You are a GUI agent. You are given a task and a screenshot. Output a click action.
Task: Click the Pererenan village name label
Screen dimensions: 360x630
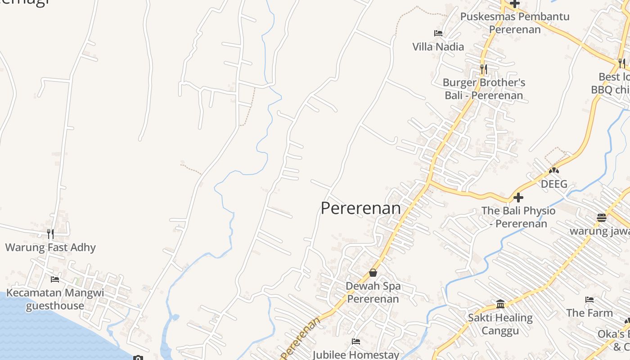(x=360, y=208)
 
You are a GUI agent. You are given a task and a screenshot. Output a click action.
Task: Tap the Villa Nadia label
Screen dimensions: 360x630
(x=438, y=46)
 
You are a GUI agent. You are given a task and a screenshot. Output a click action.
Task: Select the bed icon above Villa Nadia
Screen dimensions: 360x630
(x=438, y=33)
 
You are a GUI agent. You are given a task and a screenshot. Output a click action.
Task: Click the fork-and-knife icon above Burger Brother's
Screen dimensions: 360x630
(x=483, y=69)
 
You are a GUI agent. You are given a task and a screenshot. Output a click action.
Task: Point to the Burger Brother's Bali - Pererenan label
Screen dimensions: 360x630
(x=484, y=89)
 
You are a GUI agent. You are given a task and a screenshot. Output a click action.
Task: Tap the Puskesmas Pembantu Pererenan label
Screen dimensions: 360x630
(x=514, y=23)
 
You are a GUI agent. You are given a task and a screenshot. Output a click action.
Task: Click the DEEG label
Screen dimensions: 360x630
(x=553, y=184)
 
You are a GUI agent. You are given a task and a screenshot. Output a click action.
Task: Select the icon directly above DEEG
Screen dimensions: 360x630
(x=553, y=171)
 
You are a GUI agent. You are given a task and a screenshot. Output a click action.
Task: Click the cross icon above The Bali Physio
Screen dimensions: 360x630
(x=518, y=197)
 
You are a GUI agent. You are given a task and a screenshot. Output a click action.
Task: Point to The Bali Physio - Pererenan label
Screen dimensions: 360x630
(x=518, y=217)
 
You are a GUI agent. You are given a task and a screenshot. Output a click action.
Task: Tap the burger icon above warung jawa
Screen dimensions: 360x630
(x=602, y=218)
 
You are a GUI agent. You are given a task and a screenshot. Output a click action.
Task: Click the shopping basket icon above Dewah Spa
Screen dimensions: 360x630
(x=373, y=273)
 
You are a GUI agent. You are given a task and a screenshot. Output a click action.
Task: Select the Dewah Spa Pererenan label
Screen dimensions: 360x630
(x=373, y=292)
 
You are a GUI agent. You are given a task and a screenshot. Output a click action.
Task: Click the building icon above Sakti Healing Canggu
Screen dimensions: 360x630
(x=500, y=304)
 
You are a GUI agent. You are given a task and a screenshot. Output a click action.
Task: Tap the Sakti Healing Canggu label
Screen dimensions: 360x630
(x=500, y=324)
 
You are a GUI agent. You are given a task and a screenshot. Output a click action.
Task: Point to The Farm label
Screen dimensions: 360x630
(x=589, y=313)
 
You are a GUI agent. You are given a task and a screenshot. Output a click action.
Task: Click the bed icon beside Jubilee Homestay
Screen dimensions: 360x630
(x=355, y=341)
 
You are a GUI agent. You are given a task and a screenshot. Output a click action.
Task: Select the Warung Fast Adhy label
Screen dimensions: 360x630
(x=50, y=247)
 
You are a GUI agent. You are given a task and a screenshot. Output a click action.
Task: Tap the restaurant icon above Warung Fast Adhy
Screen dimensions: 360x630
(x=50, y=234)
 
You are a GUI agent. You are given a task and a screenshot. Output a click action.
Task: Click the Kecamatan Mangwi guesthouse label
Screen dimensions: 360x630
(x=55, y=299)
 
